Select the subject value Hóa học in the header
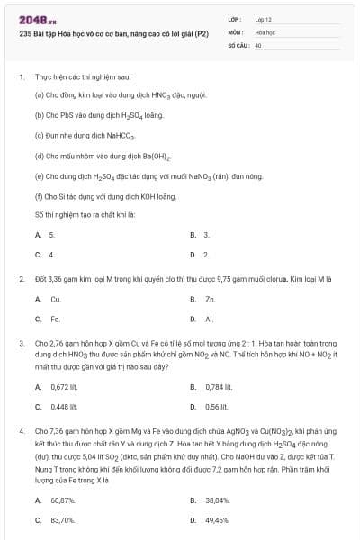click(x=265, y=31)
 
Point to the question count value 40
click(x=258, y=44)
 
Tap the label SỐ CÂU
click(x=237, y=44)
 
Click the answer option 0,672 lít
click(x=66, y=387)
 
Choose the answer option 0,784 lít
click(x=219, y=387)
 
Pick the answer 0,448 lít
click(x=66, y=407)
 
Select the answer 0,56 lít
click(x=216, y=407)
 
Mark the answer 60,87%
click(x=63, y=500)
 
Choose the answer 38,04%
click(x=218, y=500)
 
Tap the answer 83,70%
click(x=63, y=520)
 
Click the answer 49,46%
click(x=218, y=520)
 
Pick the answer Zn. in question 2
click(x=210, y=299)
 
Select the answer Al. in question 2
click(x=209, y=319)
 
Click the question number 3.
click(x=22, y=344)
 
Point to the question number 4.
click(x=22, y=432)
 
